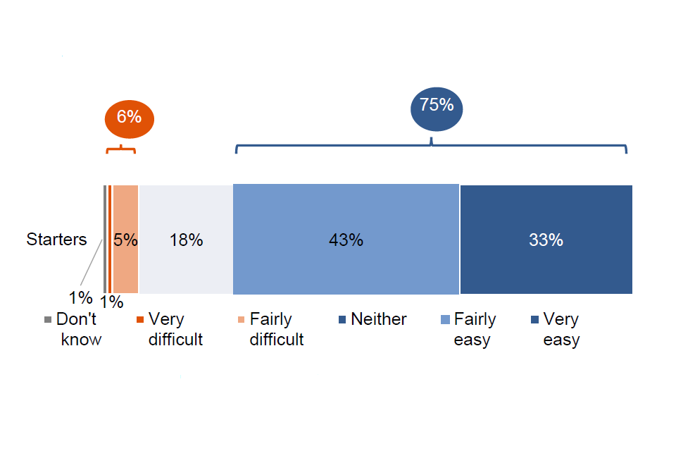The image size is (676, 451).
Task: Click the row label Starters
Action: [56, 240]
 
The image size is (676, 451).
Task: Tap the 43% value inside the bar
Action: [346, 240]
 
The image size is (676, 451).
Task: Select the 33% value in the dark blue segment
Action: [546, 240]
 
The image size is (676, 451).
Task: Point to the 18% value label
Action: [186, 240]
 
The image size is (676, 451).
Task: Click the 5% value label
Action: [125, 240]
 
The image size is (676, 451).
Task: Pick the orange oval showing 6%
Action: [130, 119]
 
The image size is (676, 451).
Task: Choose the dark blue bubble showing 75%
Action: [437, 109]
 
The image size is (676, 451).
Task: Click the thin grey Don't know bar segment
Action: [105, 239]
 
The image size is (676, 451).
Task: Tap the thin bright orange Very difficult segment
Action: [110, 239]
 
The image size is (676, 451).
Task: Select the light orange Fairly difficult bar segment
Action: [126, 239]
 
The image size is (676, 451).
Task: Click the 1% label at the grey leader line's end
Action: [80, 298]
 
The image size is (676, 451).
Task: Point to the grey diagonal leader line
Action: [92, 262]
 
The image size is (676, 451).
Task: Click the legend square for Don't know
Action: [48, 320]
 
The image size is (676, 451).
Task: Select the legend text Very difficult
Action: [175, 329]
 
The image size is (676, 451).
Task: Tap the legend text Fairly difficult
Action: [277, 329]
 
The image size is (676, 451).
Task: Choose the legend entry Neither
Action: [373, 319]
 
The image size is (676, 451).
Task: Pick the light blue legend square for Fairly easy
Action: [445, 319]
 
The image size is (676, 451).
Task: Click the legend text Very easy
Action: [561, 329]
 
